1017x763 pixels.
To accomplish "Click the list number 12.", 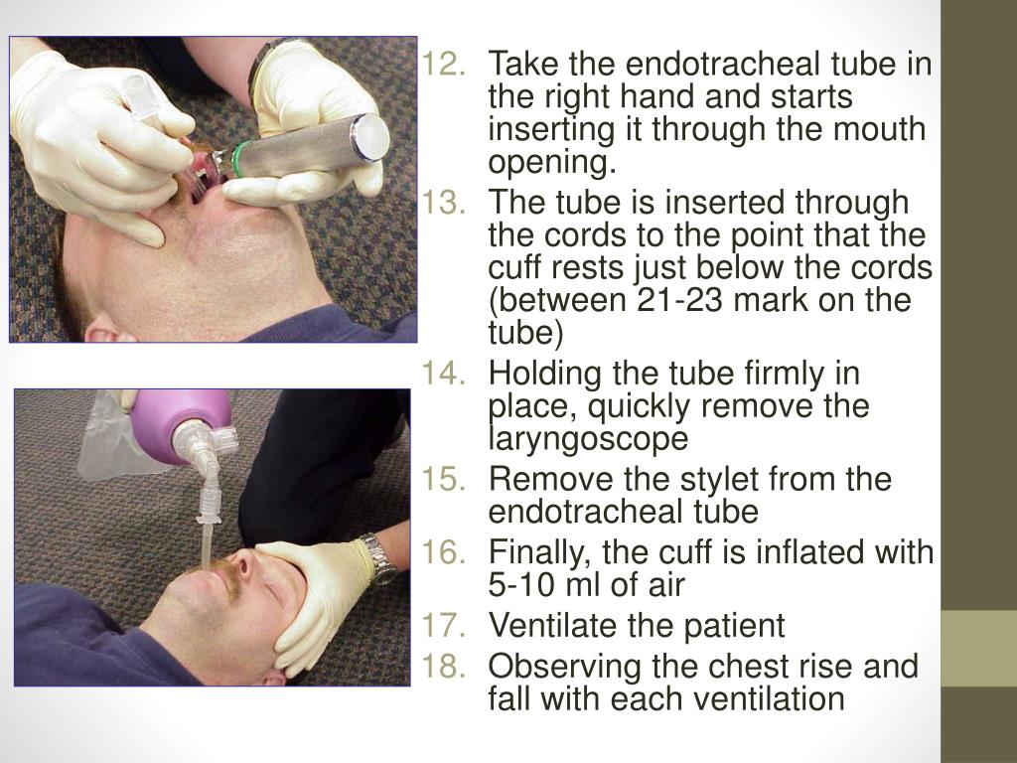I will coord(442,67).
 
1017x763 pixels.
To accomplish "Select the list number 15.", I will coord(442,480).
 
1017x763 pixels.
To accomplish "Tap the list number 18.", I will coord(442,667).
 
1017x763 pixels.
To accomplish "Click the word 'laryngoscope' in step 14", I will coord(587,438).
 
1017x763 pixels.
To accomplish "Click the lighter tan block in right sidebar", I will coord(978,648).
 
